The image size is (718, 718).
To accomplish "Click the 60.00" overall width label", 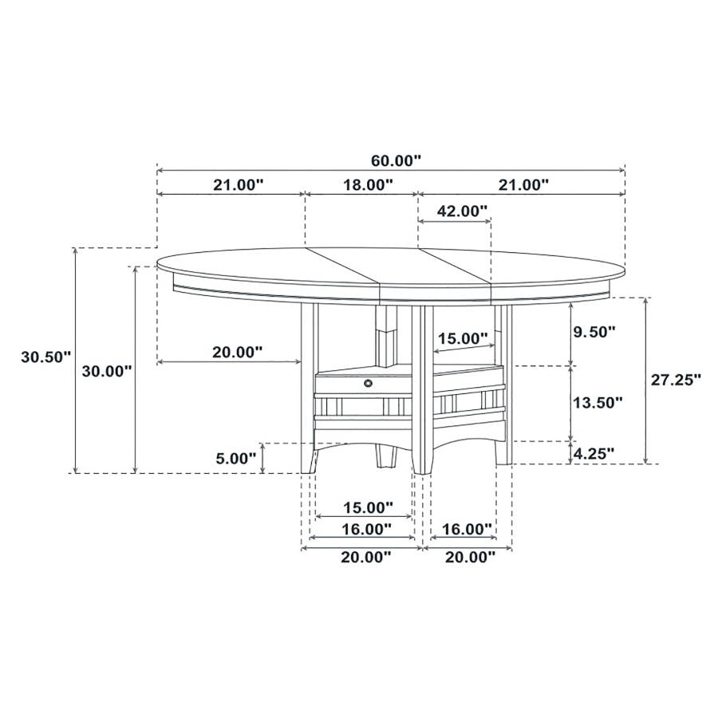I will (x=395, y=160).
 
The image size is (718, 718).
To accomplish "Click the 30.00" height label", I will (x=107, y=371).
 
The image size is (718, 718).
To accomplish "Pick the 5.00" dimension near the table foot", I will (x=236, y=458).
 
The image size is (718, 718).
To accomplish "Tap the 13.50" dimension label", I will (x=598, y=403).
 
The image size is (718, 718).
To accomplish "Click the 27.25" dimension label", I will (x=676, y=380).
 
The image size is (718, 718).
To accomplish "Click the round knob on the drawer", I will (x=368, y=385).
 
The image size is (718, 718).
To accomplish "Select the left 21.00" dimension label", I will (x=238, y=185).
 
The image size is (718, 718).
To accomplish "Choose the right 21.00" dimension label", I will (x=523, y=185).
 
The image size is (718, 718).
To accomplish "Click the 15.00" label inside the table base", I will (x=463, y=338).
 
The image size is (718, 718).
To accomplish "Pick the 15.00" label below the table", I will (x=368, y=507).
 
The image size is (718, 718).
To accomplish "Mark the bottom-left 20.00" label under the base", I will (x=366, y=557).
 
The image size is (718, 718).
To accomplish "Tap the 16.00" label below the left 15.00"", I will (x=366, y=529).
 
